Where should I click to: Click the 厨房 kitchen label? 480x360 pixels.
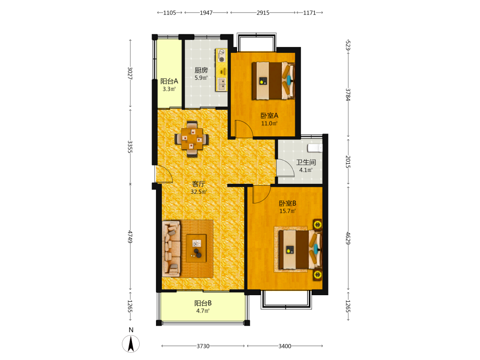(x=201, y=71)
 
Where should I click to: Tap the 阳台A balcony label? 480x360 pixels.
(x=169, y=81)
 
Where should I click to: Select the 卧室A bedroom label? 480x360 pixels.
(x=269, y=116)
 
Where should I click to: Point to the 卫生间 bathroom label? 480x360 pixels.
(x=306, y=162)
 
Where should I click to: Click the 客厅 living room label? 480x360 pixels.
(x=198, y=184)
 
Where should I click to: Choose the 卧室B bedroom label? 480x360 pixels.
(x=288, y=203)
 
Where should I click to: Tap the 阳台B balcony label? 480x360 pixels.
(x=203, y=303)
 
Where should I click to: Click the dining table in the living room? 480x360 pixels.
(x=192, y=139)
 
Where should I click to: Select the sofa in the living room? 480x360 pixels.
(x=171, y=249)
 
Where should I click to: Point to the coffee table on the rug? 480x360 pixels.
(x=196, y=248)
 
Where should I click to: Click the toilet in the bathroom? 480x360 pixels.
(x=315, y=148)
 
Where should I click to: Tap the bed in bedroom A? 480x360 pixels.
(x=273, y=81)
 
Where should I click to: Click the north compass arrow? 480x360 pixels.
(x=131, y=344)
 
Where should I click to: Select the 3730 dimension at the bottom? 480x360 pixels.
(x=203, y=346)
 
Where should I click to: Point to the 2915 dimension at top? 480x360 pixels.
(x=263, y=12)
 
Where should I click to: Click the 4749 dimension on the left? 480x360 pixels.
(x=130, y=237)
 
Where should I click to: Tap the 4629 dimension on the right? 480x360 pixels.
(x=348, y=238)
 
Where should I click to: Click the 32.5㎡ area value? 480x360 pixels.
(x=199, y=192)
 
